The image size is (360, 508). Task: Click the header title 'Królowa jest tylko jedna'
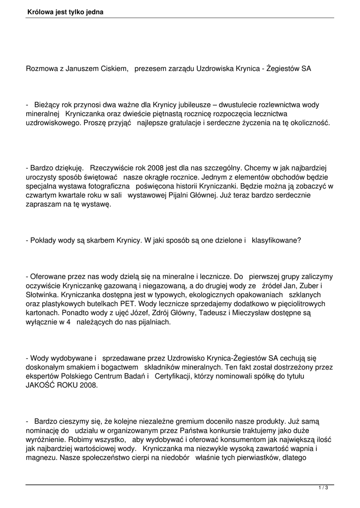coord(66,11)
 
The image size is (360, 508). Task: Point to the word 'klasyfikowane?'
coord(276,240)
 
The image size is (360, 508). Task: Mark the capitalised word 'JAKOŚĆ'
coord(42,384)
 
